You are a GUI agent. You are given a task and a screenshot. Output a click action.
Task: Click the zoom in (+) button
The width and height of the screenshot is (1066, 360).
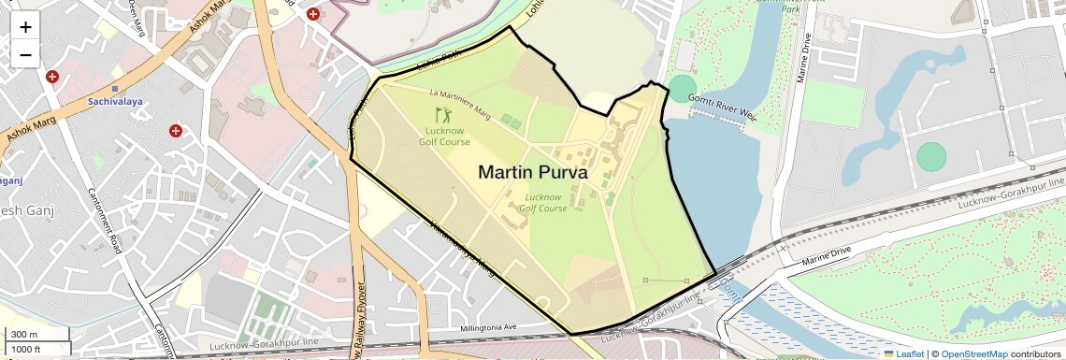pyautogui.click(x=25, y=26)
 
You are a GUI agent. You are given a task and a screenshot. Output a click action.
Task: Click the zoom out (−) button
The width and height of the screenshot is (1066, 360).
pyautogui.click(x=25, y=54)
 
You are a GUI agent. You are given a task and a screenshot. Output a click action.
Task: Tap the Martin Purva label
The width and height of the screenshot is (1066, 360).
pyautogui.click(x=533, y=172)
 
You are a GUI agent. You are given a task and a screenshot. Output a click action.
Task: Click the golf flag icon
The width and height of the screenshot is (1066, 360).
pyautogui.click(x=445, y=116)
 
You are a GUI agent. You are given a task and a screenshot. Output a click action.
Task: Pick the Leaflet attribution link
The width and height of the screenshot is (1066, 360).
pyautogui.click(x=903, y=353)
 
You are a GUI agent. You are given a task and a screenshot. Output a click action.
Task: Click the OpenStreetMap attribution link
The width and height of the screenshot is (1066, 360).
pyautogui.click(x=973, y=353)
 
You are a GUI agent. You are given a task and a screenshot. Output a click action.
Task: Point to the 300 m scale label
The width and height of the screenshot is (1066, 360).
pyautogui.click(x=23, y=334)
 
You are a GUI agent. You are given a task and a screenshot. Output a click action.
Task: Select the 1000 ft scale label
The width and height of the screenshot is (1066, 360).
pyautogui.click(x=25, y=349)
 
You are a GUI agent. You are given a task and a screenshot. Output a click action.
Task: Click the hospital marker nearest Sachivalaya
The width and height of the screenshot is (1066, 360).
pyautogui.click(x=52, y=76)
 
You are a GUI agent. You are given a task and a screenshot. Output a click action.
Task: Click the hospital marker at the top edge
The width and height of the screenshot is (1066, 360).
pyautogui.click(x=313, y=14)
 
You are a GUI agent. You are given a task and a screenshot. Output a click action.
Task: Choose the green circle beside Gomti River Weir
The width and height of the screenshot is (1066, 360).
pyautogui.click(x=683, y=89)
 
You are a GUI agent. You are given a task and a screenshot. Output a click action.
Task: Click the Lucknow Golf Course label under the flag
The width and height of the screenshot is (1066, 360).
pyautogui.click(x=445, y=137)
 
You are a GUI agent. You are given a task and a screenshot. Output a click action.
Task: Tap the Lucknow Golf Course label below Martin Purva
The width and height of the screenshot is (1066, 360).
pyautogui.click(x=547, y=202)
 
